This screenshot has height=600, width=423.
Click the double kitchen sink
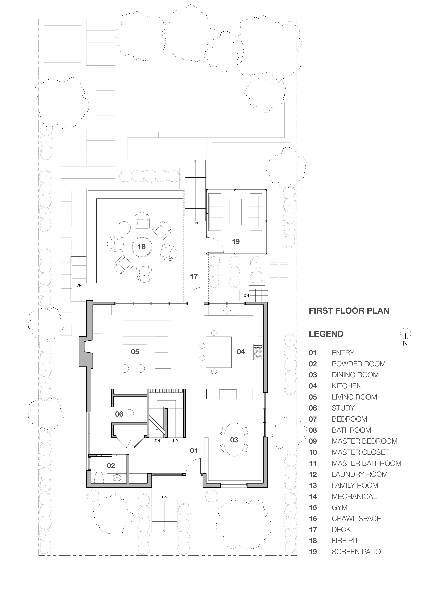tap(227, 310)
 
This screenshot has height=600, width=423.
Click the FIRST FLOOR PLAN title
tap(349, 311)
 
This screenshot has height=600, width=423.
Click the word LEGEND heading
tap(326, 334)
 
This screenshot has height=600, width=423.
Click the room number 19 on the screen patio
tap(236, 241)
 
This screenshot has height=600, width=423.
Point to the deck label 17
tap(194, 276)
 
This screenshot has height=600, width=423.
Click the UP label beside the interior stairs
tap(175, 441)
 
